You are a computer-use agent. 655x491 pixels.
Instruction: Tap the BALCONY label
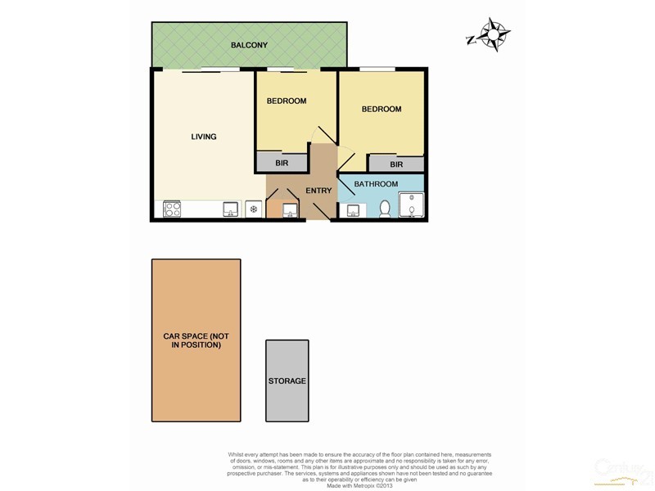[249, 45]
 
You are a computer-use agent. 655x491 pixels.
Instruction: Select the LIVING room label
[204, 137]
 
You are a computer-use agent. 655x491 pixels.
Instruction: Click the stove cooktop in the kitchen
[173, 209]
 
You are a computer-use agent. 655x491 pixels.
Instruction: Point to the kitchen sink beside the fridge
[230, 210]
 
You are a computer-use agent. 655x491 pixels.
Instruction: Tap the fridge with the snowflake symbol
[255, 210]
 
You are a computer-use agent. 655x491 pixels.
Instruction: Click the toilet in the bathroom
[384, 210]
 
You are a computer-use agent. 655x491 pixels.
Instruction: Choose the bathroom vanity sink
[352, 211]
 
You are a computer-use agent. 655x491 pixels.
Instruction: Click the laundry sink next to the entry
[289, 212]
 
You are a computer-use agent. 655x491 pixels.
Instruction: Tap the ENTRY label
[318, 191]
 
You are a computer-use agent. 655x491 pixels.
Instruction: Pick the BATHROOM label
[376, 184]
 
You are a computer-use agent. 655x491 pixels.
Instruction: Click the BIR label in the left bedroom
[281, 164]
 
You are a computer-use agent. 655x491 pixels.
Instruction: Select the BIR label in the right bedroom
[396, 164]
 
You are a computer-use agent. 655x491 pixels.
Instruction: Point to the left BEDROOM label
[287, 101]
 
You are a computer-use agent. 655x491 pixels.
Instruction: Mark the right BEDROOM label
[382, 109]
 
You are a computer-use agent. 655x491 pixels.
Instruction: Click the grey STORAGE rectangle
[287, 381]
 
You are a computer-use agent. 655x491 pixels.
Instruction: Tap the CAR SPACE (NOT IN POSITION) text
[197, 341]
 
